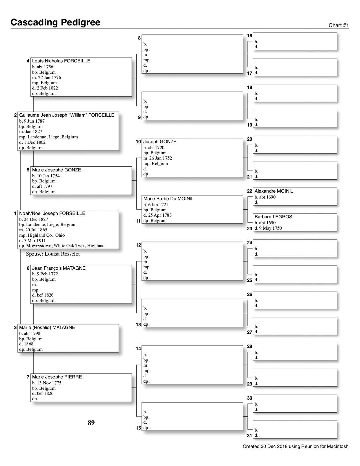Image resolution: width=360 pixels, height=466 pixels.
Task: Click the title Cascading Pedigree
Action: [55, 22]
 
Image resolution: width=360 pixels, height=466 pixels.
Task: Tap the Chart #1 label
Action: [339, 25]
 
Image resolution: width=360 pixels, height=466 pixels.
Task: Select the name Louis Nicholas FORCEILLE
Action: [61, 61]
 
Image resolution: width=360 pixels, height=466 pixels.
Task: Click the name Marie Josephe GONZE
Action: [56, 170]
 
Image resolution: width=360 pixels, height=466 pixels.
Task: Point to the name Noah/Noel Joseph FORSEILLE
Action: [52, 213]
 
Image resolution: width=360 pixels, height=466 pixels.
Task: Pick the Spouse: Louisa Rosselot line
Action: [53, 254]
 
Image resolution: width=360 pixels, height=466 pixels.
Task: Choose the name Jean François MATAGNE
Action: [59, 268]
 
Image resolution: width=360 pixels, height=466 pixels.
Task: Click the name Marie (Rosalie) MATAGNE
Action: [47, 327]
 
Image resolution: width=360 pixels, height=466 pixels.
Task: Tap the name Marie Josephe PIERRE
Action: [57, 377]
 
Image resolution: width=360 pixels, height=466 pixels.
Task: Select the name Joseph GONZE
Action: [160, 141]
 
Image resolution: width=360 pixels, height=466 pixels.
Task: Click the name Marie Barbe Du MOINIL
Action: [169, 199]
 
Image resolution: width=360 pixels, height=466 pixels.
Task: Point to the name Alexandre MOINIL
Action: [274, 191]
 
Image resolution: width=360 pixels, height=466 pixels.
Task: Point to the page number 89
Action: [91, 423]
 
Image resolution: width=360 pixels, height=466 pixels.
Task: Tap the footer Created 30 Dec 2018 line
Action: [295, 447]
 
